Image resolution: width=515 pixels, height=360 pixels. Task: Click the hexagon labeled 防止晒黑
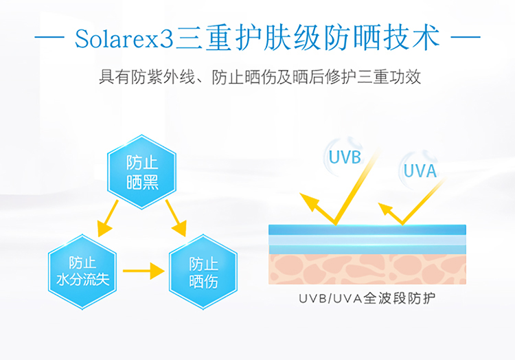click(x=142, y=172)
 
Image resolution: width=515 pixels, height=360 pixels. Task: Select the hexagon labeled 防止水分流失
click(x=82, y=271)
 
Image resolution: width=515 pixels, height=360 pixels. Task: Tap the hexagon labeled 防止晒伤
click(x=203, y=271)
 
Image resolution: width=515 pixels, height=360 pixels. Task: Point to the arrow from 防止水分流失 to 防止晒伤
click(x=144, y=271)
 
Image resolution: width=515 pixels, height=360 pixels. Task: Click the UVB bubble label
click(x=345, y=157)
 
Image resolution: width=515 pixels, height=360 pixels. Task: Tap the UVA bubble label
click(x=420, y=170)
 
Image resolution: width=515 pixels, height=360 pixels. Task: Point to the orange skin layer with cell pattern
click(x=367, y=269)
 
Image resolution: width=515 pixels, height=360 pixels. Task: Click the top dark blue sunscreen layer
click(x=367, y=230)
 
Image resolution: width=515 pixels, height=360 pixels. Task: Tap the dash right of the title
click(x=467, y=38)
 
